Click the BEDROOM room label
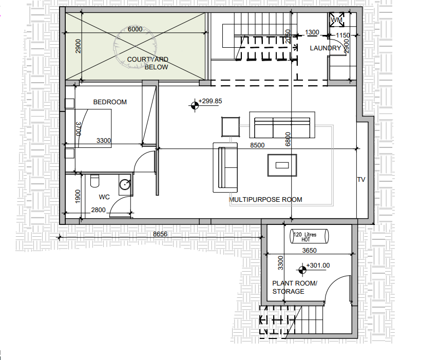tap(110, 102)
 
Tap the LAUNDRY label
tap(326, 48)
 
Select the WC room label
tap(104, 197)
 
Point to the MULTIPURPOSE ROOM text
tap(265, 200)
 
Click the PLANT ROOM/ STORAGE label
tap(295, 288)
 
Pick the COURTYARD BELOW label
tap(148, 63)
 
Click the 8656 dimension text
tap(160, 234)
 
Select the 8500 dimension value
tap(257, 145)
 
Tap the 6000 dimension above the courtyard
tap(135, 29)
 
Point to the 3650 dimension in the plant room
tap(309, 251)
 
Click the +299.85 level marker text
tap(210, 101)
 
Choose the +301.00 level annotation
tap(318, 266)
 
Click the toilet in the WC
tap(94, 181)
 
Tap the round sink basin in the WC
tap(125, 184)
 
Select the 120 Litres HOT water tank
tap(309, 236)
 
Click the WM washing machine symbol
tap(337, 20)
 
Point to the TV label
tap(361, 180)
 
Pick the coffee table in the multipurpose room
tap(282, 165)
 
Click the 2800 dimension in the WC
tap(98, 210)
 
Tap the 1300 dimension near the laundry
tap(312, 32)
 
